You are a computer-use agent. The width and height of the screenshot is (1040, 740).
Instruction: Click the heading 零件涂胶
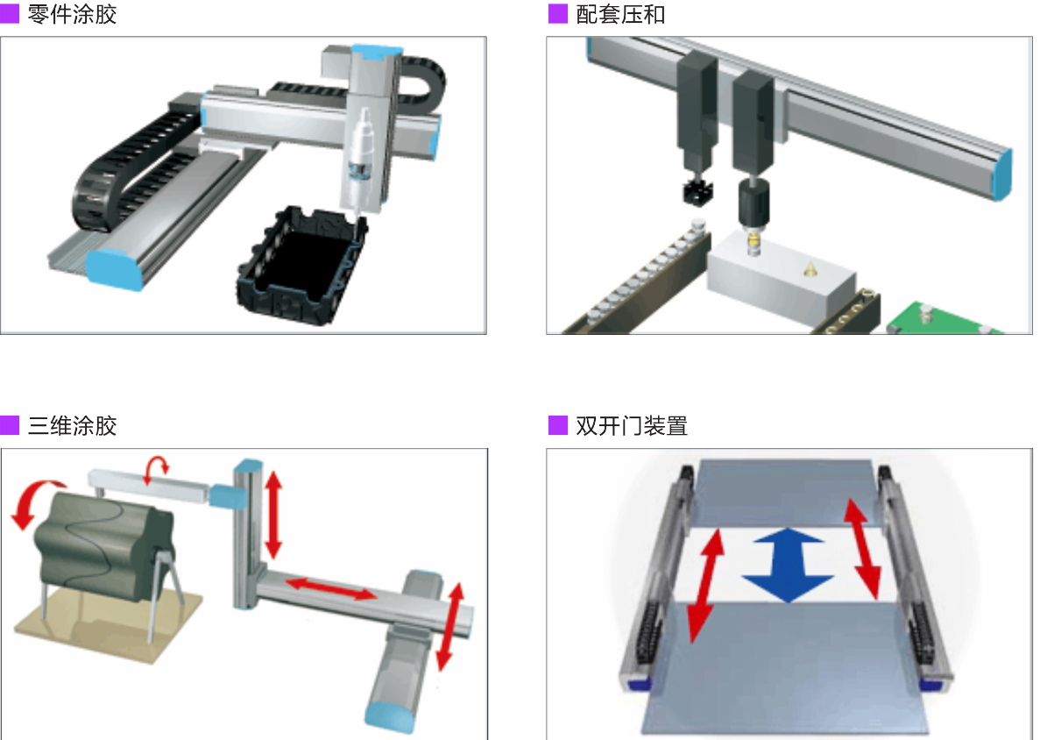[x=73, y=14]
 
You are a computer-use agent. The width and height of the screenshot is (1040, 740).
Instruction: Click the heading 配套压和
[x=620, y=14]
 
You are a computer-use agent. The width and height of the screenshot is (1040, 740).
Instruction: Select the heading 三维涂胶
[x=73, y=425]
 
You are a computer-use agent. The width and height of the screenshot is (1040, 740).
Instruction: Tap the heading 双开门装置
[x=632, y=425]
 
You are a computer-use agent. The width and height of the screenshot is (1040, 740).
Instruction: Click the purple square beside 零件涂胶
[x=10, y=14]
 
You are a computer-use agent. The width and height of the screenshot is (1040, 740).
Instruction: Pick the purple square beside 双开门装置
[x=558, y=425]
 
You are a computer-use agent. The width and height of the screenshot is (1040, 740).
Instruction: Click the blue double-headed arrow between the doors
[x=788, y=566]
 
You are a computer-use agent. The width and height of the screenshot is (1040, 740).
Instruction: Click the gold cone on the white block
[x=810, y=269]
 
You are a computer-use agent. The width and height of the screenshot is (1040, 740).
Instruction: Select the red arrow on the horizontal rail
[x=331, y=588]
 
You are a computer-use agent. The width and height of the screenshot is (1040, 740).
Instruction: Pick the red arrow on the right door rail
[x=863, y=551]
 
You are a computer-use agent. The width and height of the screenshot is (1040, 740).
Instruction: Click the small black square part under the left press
[x=697, y=190]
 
